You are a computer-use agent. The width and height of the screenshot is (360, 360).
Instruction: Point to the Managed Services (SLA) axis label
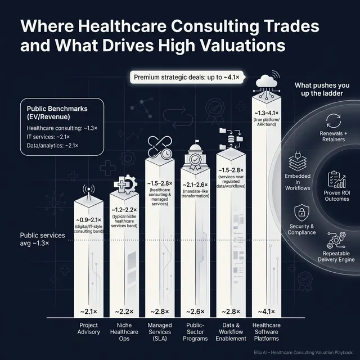159,332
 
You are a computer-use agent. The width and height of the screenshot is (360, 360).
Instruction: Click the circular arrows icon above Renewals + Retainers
332,120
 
